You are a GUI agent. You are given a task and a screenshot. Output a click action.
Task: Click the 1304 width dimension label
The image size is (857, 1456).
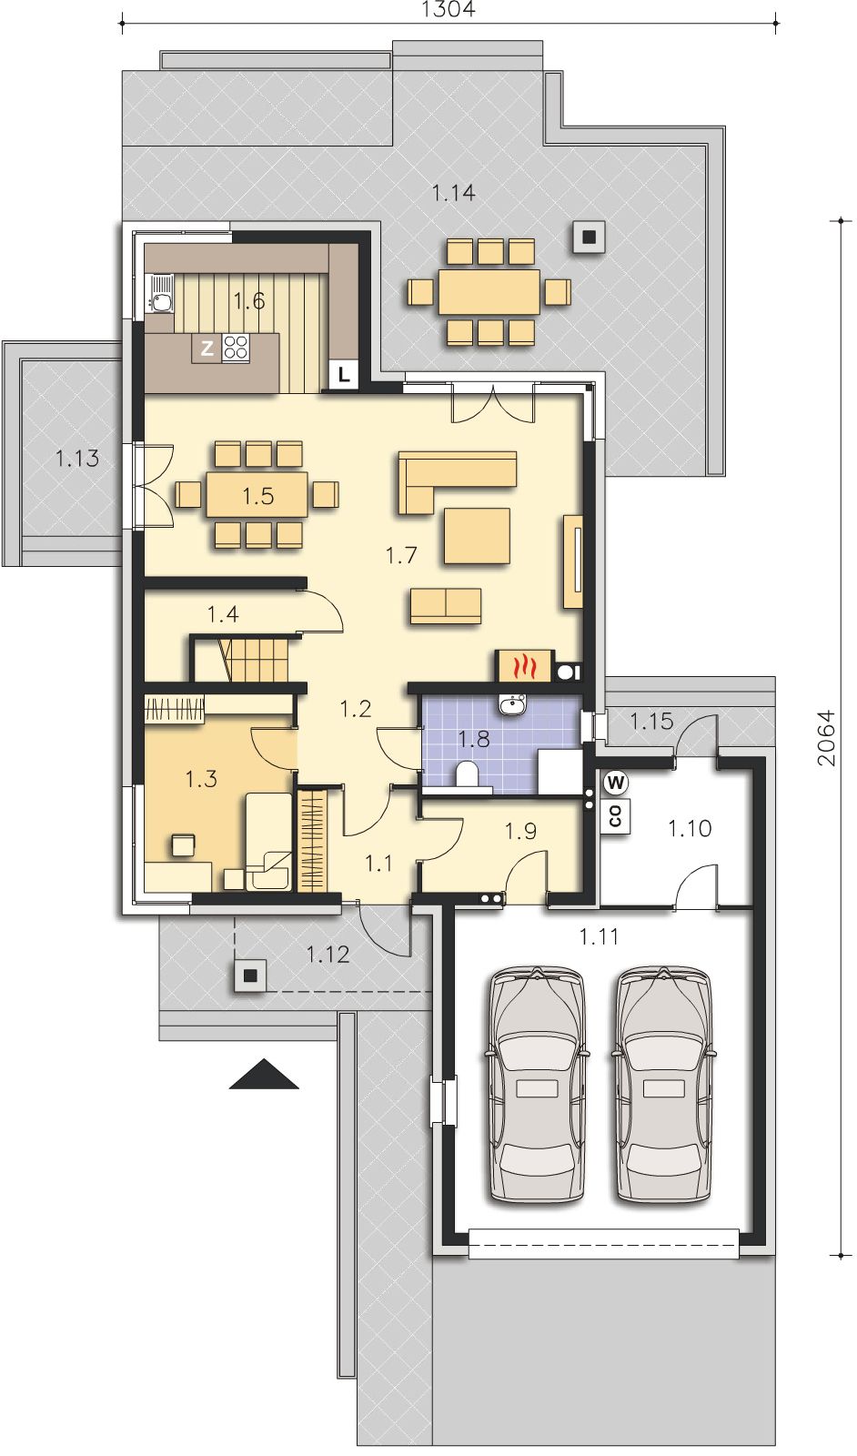pos(449,9)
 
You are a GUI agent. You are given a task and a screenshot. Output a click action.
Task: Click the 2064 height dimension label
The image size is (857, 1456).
pos(826,738)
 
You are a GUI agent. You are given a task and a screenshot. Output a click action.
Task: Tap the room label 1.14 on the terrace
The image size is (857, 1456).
pos(453,193)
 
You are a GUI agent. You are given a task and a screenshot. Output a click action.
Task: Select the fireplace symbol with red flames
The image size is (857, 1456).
pos(524,665)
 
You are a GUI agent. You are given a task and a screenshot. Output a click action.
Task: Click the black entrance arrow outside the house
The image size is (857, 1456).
pos(264,1074)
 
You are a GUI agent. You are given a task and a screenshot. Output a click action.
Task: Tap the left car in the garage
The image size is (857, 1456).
pos(537,1085)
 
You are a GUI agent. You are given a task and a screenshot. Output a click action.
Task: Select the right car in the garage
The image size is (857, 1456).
pos(662,1085)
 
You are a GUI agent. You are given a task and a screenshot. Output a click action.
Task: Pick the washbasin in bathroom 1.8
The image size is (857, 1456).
pos(513,703)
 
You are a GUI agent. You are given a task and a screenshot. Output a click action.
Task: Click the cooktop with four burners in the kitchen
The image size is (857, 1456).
pos(236,348)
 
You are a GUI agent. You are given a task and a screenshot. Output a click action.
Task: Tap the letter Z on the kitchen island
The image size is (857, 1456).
pos(207,349)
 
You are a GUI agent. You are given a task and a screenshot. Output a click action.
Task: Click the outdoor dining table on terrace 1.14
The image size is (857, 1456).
pos(489,292)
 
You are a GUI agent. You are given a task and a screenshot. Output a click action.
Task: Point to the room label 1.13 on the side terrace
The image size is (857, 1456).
pos(77,459)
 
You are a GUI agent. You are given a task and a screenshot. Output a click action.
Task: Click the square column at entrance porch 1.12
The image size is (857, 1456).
pos(251,976)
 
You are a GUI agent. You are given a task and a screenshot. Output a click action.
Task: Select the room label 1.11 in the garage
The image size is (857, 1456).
pos(599,936)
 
